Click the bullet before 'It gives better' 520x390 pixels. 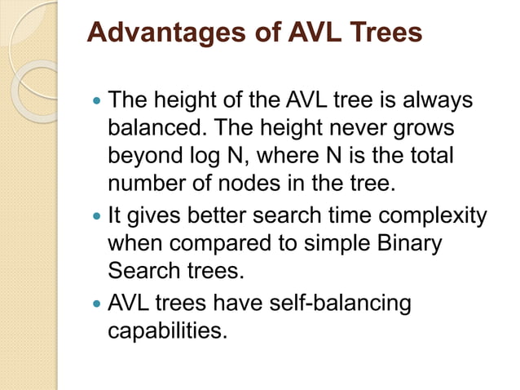[x=99, y=217]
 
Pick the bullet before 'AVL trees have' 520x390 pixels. [x=99, y=304]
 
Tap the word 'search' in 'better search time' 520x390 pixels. [x=293, y=216]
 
